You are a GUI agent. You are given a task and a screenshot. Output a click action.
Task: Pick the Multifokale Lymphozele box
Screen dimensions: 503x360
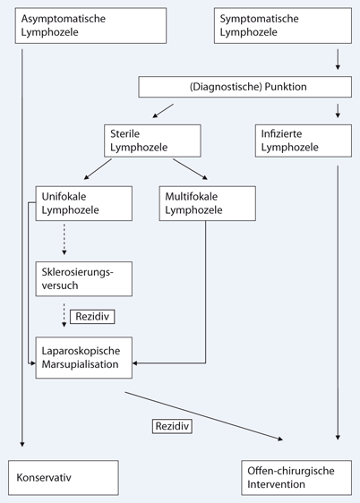pyautogui.click(x=207, y=205)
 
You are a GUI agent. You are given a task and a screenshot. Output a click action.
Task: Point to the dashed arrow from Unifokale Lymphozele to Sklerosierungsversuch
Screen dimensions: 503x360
pyautogui.click(x=64, y=241)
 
